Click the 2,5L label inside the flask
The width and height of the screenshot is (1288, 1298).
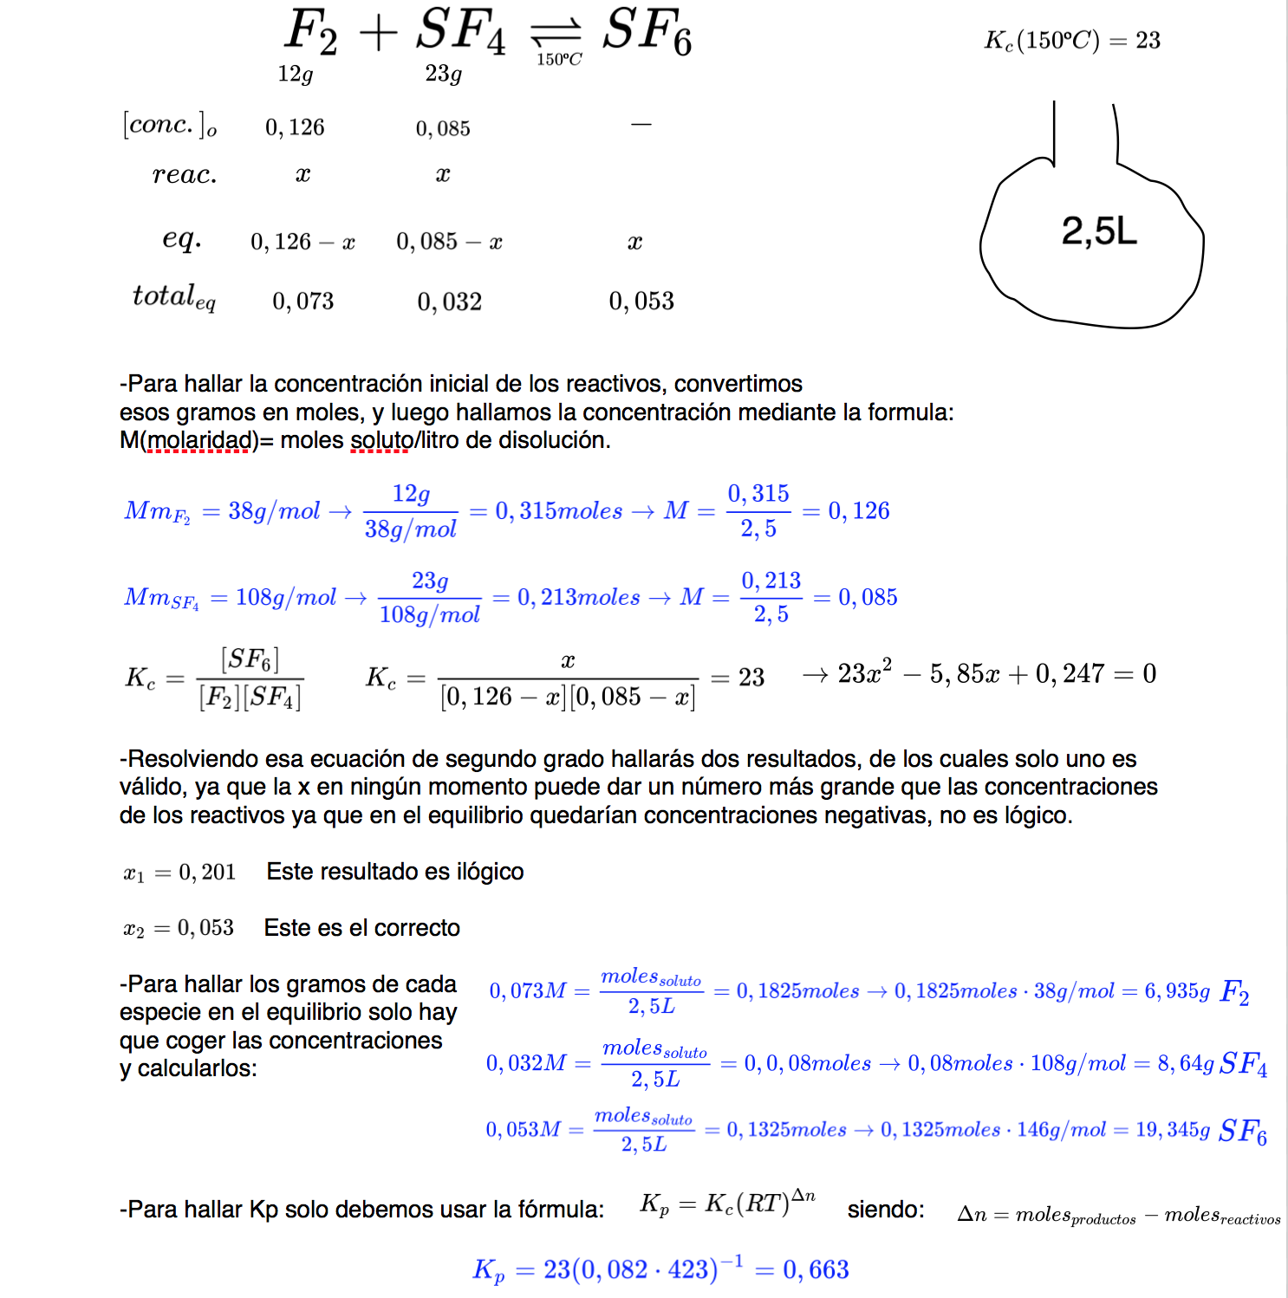pyautogui.click(x=1098, y=231)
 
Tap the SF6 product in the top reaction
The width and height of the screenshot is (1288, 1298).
pyautogui.click(x=647, y=32)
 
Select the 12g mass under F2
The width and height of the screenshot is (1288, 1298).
pyautogui.click(x=295, y=75)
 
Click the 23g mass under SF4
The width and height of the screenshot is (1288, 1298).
pyautogui.click(x=443, y=75)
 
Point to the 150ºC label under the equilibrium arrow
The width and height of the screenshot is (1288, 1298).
pyautogui.click(x=559, y=60)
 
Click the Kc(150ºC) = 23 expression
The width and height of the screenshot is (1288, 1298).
pyautogui.click(x=1072, y=41)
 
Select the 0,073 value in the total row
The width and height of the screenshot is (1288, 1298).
pyautogui.click(x=302, y=302)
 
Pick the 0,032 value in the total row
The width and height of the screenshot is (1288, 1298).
pyautogui.click(x=449, y=302)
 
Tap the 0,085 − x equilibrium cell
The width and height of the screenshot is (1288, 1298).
pyautogui.click(x=449, y=242)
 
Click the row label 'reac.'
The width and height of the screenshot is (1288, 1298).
pyautogui.click(x=185, y=175)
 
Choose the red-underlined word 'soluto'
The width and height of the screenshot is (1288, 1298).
pyautogui.click(x=379, y=440)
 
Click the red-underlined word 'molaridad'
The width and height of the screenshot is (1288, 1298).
pyautogui.click(x=198, y=440)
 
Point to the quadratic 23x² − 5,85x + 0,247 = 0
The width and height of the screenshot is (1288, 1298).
pyautogui.click(x=997, y=674)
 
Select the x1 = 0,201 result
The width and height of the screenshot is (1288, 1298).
pyautogui.click(x=179, y=873)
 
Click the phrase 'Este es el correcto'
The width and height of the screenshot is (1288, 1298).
pyautogui.click(x=361, y=928)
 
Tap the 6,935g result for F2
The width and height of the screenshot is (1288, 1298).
pyautogui.click(x=1177, y=991)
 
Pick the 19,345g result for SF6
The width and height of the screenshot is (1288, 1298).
pyautogui.click(x=1173, y=1130)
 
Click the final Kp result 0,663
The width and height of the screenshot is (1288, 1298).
pyautogui.click(x=816, y=1270)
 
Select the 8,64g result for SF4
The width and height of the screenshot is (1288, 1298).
pyautogui.click(x=1186, y=1063)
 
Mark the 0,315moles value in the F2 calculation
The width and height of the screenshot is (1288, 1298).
pyautogui.click(x=558, y=511)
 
